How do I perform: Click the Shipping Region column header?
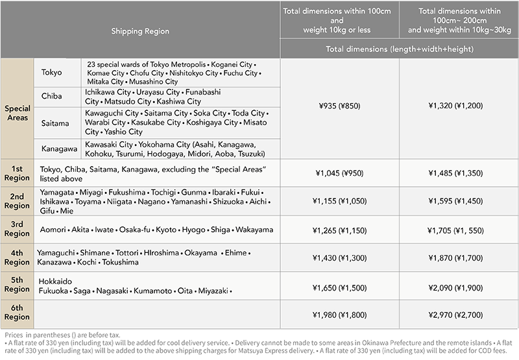tap(140, 30)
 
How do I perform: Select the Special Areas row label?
tap(17, 114)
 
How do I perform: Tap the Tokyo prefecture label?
tap(51, 73)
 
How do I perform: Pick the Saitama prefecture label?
tap(54, 122)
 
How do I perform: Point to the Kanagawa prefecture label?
tap(58, 149)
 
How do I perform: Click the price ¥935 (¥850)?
tap(340, 105)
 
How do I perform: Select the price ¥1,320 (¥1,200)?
tap(459, 105)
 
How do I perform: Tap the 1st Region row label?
tap(17, 173)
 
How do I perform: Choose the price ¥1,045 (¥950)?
tap(340, 173)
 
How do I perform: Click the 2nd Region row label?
tap(17, 200)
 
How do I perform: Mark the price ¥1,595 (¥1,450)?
tap(459, 201)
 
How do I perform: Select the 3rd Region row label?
tap(17, 229)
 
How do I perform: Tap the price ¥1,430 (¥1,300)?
tap(340, 258)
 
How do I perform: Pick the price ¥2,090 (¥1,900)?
tap(459, 286)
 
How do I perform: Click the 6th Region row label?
tap(17, 315)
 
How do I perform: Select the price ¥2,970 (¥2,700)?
tap(459, 315)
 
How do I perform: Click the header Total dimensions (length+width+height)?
tap(399, 49)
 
